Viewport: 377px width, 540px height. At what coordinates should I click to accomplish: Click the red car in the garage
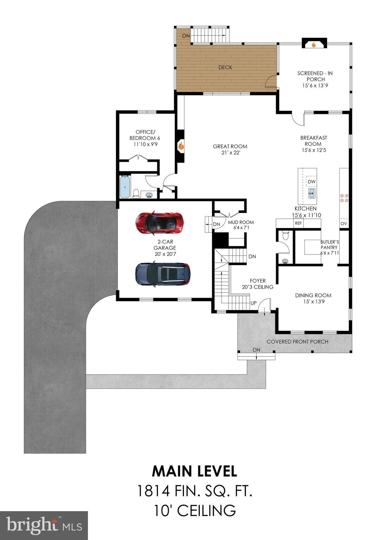pos(160,223)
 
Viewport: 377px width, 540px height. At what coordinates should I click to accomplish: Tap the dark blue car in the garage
pos(162,274)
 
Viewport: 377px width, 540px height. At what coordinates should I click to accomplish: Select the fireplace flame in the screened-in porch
pos(314,45)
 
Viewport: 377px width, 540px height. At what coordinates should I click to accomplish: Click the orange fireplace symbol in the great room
pos(181,146)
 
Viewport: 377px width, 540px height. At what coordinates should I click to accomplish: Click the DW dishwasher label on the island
pos(312,182)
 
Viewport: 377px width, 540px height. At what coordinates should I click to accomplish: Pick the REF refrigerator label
pos(298,223)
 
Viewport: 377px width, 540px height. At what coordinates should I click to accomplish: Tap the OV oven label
pos(344,224)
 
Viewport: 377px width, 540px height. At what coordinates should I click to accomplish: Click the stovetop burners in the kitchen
pos(344,198)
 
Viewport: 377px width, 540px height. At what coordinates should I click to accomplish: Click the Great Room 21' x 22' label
pos(230,149)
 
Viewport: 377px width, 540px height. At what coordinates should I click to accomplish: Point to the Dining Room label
pos(313,298)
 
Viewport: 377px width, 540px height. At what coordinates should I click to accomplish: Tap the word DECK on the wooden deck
pos(225,67)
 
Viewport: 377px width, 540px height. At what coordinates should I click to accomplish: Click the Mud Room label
pos(241,225)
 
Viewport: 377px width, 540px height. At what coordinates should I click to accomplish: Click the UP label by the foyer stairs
pos(253,303)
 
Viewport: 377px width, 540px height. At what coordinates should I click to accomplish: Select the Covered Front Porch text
pos(297,341)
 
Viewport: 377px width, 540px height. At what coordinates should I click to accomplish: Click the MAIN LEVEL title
pos(194,471)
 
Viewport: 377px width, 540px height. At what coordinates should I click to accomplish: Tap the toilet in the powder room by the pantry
pos(285,236)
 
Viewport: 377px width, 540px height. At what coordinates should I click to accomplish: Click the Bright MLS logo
pos(44,526)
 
